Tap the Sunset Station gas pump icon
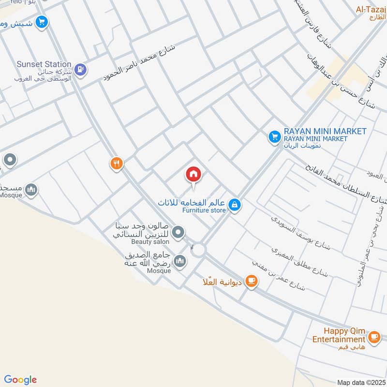[x=81, y=70]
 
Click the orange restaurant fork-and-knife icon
[x=116, y=164]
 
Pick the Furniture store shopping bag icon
[x=235, y=205]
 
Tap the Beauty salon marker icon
[x=179, y=233]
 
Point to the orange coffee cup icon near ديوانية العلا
[x=251, y=281]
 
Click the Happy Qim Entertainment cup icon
[x=373, y=336]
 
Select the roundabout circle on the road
[x=197, y=250]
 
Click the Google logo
[x=20, y=380]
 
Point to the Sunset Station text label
[x=44, y=64]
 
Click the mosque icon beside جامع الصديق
[x=180, y=261]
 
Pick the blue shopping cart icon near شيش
[x=42, y=22]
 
